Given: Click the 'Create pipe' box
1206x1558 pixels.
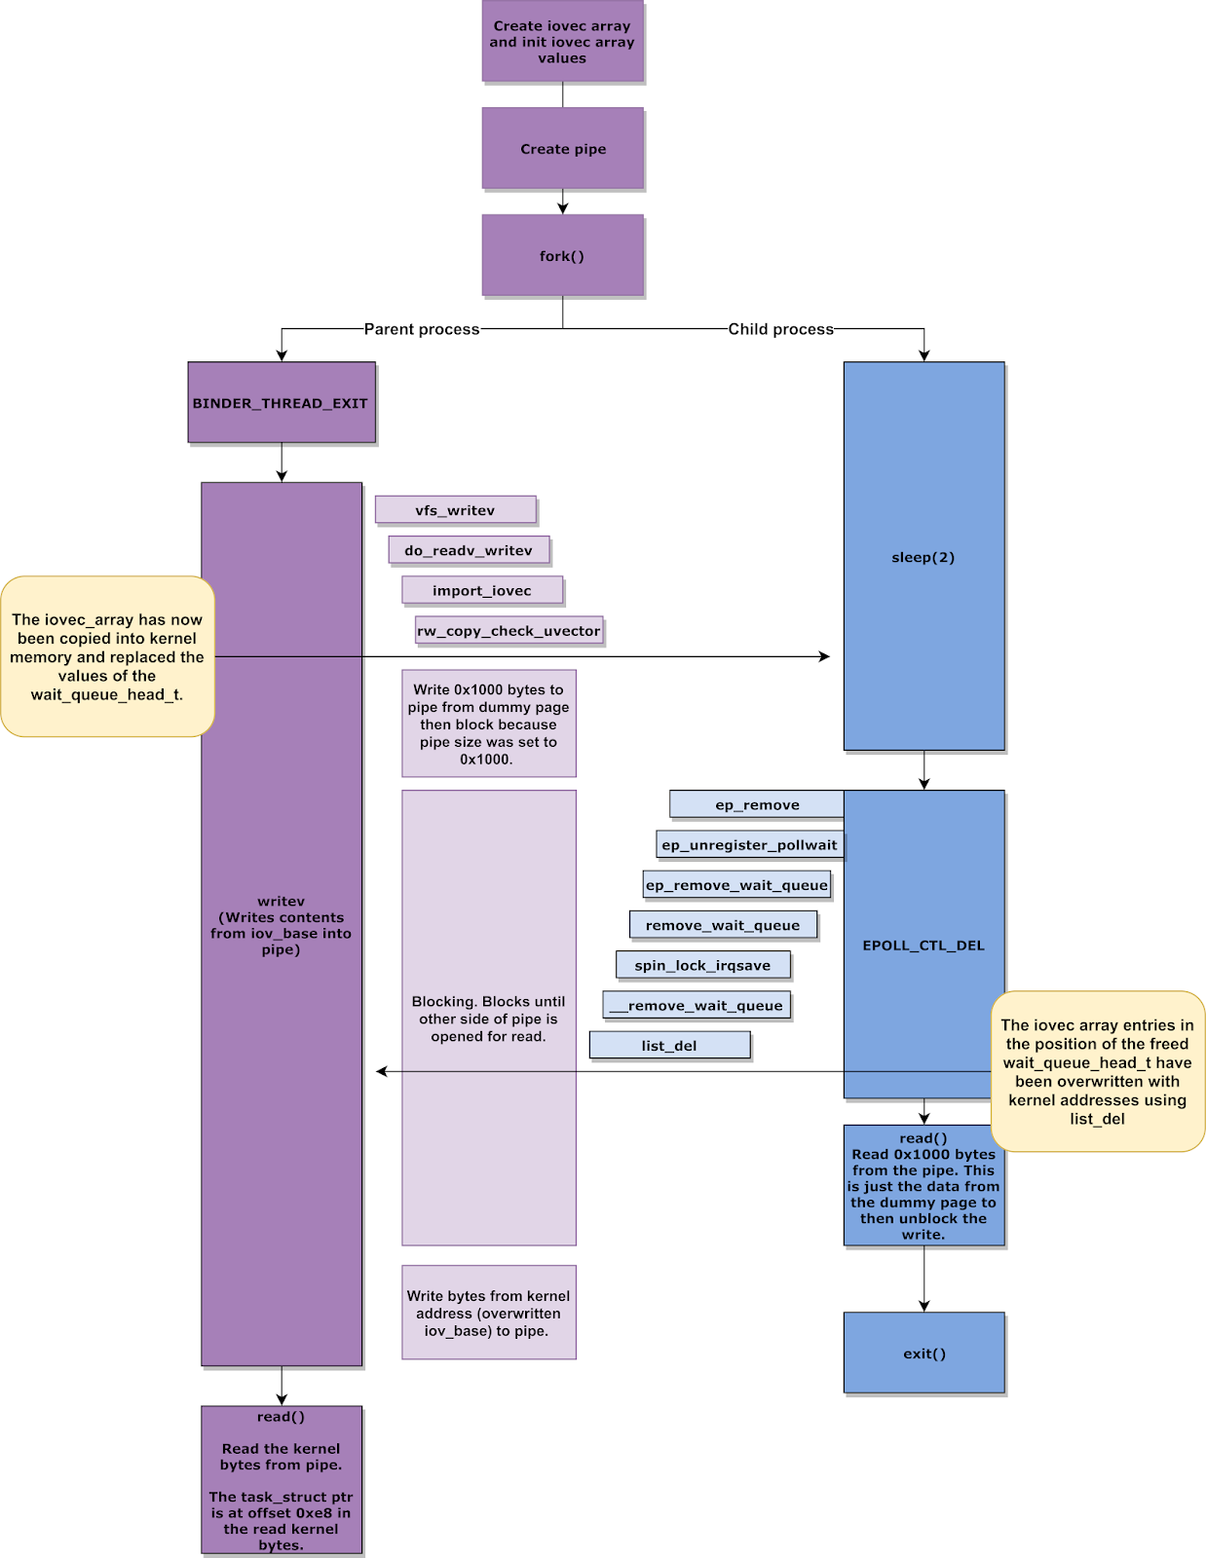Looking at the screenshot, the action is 563,148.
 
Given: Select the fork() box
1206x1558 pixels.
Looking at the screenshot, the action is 563,255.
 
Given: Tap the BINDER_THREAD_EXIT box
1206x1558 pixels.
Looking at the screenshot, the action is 282,402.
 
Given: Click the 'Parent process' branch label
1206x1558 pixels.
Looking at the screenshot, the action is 422,329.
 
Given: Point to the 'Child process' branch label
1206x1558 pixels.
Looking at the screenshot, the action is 781,329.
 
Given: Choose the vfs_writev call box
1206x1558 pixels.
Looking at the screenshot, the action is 455,510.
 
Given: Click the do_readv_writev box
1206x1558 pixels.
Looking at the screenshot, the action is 469,550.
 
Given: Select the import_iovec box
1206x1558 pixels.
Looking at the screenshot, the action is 482,590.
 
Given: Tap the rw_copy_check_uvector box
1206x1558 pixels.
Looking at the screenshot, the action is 509,630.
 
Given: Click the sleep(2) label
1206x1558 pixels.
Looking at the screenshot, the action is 923,557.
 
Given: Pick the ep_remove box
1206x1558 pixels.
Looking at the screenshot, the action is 757,804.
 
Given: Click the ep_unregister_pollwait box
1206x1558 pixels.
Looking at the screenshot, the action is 750,844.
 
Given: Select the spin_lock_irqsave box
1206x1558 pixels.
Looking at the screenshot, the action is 703,965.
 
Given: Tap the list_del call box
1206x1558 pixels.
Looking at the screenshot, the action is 669,1046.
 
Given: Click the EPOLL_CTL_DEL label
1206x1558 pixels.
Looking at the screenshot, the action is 923,945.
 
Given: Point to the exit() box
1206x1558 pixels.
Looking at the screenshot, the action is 924,1353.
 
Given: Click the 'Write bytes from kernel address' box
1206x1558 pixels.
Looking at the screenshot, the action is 489,1312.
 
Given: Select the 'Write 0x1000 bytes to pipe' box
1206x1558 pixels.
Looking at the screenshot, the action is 489,723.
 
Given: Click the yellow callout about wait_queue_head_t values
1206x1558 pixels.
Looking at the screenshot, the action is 107,656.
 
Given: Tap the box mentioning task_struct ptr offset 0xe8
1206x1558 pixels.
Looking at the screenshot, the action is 282,1480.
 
